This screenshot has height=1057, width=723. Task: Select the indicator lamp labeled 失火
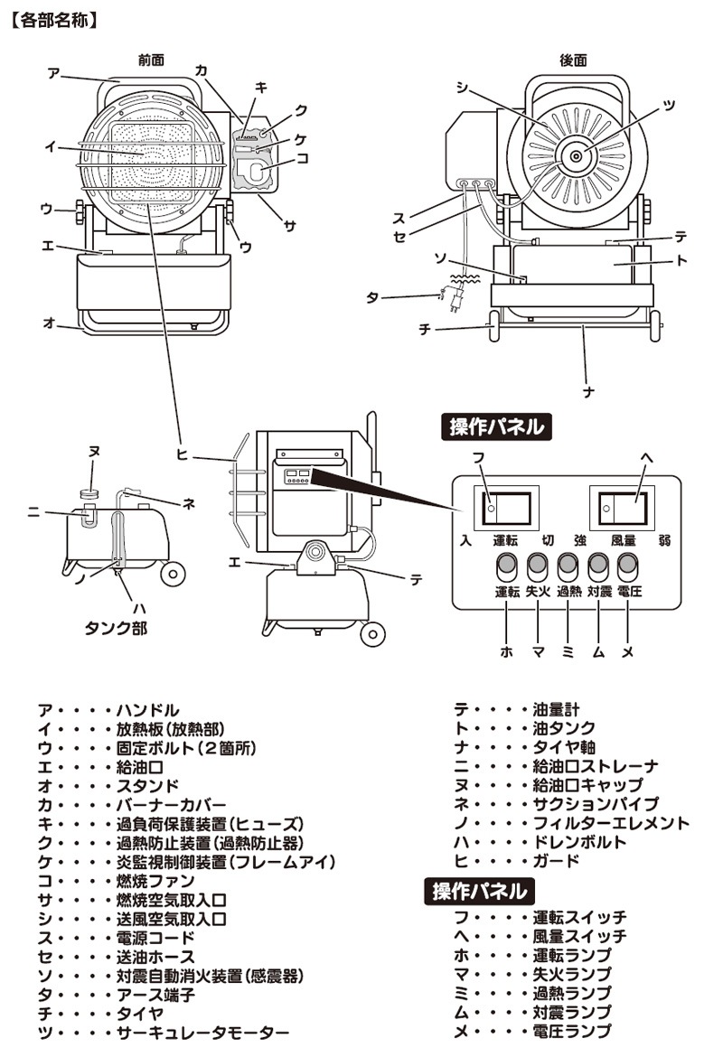[537, 566]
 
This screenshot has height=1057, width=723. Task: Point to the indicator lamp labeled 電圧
[628, 566]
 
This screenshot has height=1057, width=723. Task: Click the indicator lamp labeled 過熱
[568, 566]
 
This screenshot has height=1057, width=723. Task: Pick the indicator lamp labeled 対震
[598, 566]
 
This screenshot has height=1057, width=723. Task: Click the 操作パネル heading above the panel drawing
[496, 426]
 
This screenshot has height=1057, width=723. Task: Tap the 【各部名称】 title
[54, 20]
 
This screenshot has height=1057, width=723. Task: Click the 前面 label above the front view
[151, 60]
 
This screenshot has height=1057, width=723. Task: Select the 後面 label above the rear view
[573, 60]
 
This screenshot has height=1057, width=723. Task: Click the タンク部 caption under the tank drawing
[116, 628]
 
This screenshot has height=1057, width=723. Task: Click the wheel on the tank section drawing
[173, 573]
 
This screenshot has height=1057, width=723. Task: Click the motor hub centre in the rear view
[576, 156]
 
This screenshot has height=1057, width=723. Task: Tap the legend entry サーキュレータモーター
[203, 1033]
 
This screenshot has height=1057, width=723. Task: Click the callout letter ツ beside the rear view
[669, 106]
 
